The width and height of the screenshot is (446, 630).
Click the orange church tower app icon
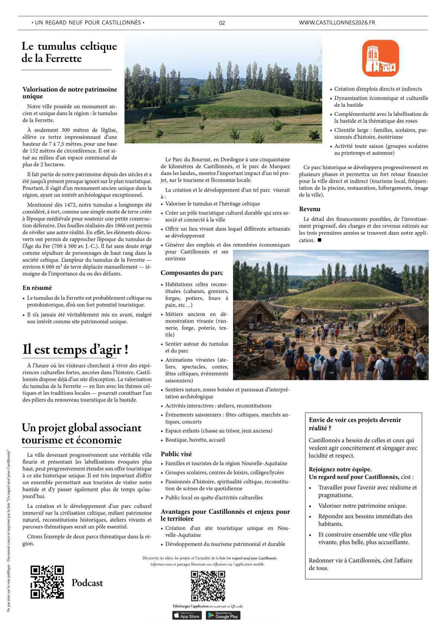coord(381,58)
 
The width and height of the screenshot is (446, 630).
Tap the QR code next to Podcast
coord(47,582)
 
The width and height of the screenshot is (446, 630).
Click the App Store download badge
coord(187,616)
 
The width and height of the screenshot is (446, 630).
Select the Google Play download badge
coord(223,616)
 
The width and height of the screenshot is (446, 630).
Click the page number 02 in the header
coord(222,23)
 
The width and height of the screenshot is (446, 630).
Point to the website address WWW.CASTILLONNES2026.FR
coord(337,23)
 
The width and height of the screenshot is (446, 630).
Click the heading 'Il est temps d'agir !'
coord(75,349)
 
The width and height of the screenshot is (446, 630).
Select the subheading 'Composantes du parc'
coord(192,273)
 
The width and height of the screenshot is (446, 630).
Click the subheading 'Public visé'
coord(176,454)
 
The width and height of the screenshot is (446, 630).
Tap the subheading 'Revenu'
coord(310,209)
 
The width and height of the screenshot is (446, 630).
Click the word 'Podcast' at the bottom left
coord(87,583)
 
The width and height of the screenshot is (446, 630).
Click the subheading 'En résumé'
coord(37,288)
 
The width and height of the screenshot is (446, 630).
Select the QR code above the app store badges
coord(208,586)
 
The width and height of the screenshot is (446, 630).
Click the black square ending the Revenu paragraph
coord(319,240)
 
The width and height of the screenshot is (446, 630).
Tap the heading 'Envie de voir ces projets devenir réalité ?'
coord(355,424)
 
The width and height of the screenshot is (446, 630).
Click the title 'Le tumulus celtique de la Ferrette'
coord(69,52)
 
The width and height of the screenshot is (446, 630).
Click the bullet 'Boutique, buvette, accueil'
coord(195,440)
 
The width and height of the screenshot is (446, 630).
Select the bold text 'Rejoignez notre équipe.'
coord(340,469)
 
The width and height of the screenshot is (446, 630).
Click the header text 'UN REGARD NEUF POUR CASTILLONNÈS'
coord(88,23)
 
